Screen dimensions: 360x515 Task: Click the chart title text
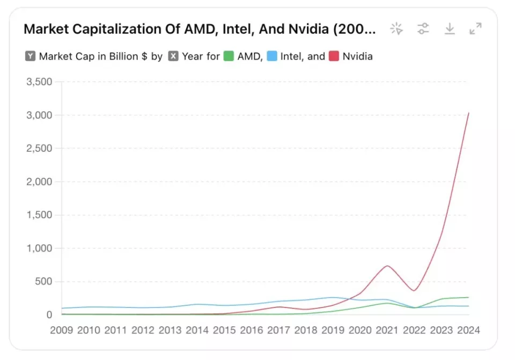[x=200, y=29]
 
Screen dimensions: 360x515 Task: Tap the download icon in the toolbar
[x=450, y=29]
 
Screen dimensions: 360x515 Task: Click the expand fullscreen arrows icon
[x=475, y=29]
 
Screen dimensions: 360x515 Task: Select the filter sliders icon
[x=423, y=29]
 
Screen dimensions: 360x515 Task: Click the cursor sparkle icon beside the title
[x=397, y=29]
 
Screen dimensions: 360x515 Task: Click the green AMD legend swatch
[x=229, y=56]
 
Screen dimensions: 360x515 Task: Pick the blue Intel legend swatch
[x=272, y=56]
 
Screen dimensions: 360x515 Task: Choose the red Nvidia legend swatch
[x=334, y=56]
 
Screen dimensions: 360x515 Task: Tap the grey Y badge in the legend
[x=30, y=56]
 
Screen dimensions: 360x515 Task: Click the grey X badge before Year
[x=173, y=56]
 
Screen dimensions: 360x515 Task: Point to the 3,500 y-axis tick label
[x=39, y=82]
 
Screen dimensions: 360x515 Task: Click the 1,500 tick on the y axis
[x=39, y=215]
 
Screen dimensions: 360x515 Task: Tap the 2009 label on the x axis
[x=61, y=330]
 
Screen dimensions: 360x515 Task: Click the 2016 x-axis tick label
[x=252, y=330]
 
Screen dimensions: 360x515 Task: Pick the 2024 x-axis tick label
[x=468, y=330]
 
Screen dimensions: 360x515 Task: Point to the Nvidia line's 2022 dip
[x=414, y=291]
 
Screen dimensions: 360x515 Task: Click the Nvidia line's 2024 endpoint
[x=468, y=113]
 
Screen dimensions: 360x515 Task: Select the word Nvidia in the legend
[x=357, y=56]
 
